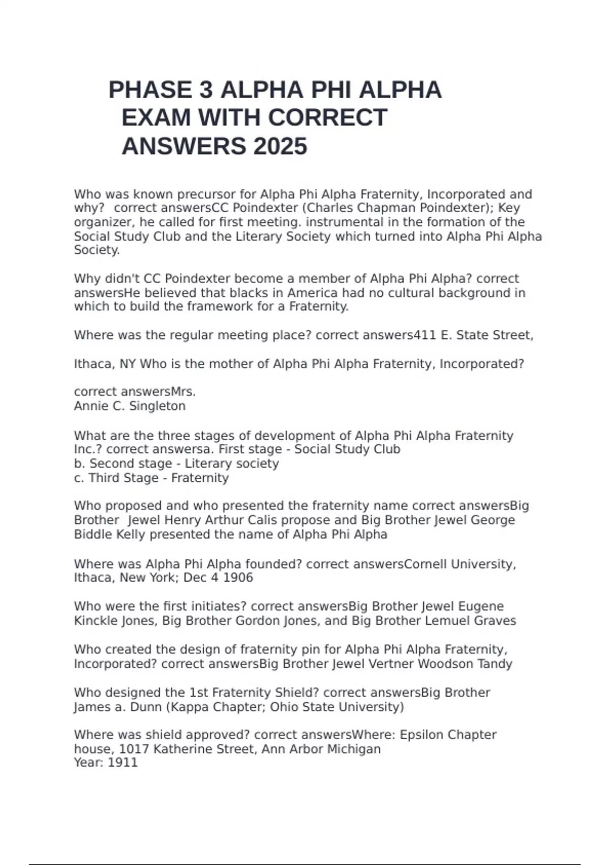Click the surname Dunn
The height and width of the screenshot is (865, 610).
click(x=145, y=707)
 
